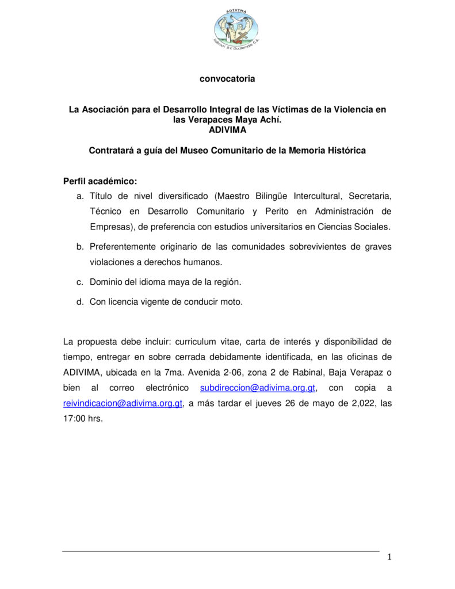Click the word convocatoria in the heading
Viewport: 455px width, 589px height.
[x=227, y=79]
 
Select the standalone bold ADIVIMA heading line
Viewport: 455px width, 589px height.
[x=227, y=129]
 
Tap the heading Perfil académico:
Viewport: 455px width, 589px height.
[x=100, y=181]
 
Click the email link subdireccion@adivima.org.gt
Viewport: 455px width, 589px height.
[x=258, y=388]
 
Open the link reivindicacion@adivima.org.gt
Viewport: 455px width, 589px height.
[x=123, y=403]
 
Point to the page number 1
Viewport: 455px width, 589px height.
[x=389, y=556]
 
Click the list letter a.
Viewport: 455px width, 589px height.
[x=80, y=196]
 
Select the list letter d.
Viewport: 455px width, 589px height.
[x=80, y=301]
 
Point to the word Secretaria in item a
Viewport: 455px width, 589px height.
[x=370, y=196]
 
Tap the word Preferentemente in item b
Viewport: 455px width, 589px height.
[x=123, y=247]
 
